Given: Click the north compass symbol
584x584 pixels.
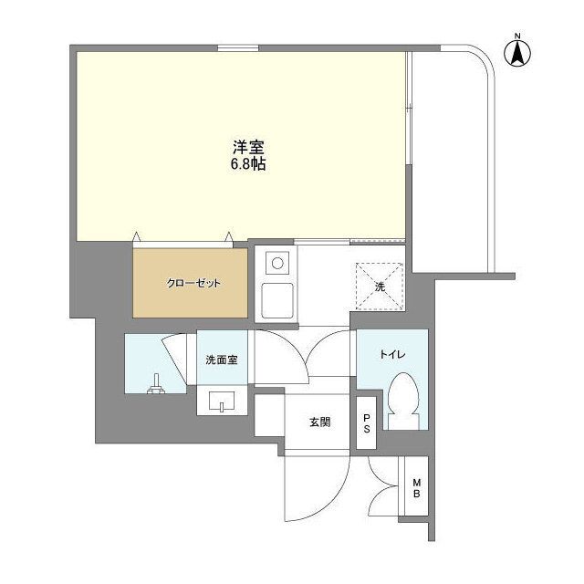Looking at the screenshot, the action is [x=517, y=51].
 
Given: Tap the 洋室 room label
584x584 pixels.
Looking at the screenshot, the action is [x=248, y=148].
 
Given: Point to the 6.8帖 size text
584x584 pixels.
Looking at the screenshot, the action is [x=248, y=164].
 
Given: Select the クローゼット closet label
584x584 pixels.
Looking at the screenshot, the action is [x=193, y=284].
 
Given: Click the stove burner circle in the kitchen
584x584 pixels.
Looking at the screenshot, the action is [x=277, y=264].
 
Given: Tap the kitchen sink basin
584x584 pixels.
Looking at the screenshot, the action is [x=277, y=300].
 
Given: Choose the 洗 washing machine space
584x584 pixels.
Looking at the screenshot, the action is [x=380, y=287].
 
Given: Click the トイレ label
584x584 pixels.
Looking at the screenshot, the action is [x=392, y=355].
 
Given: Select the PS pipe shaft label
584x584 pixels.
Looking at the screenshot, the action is [x=367, y=423].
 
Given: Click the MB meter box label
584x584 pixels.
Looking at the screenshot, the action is [x=416, y=488].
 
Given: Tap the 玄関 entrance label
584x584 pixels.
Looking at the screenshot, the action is [x=320, y=422].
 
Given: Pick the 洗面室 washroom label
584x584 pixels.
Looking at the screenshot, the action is [x=222, y=360].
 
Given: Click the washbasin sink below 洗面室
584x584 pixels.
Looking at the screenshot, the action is [x=222, y=401].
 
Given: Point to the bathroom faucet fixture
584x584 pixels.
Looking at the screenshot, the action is [x=156, y=384].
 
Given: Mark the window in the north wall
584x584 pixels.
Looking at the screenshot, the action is [x=238, y=48].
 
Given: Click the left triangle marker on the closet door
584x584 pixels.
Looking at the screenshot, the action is [x=137, y=236].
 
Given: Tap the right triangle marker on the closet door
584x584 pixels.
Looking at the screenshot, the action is [x=229, y=236].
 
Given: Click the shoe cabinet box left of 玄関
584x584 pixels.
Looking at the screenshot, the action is [x=269, y=415].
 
